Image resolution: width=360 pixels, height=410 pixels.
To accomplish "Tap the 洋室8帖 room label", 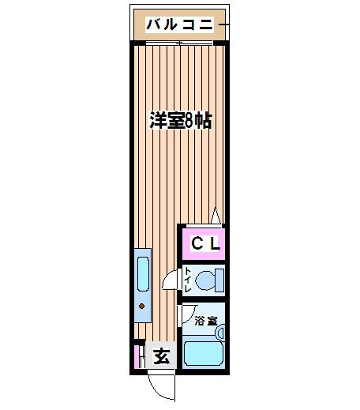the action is click(181, 121).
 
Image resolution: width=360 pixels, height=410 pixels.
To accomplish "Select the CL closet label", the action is click(205, 243).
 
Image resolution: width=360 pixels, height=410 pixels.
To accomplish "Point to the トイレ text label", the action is click(187, 280).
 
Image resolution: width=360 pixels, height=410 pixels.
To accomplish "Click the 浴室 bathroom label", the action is click(206, 321).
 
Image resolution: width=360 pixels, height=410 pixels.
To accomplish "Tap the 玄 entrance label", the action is click(161, 356).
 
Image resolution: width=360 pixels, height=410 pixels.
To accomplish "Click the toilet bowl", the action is click(205, 280).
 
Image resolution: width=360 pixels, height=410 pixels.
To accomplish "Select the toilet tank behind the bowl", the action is click(219, 280).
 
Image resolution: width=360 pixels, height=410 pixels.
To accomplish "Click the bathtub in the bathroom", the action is click(204, 353).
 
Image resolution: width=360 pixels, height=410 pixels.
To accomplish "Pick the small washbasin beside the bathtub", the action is click(220, 333).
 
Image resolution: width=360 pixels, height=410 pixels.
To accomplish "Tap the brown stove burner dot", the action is click(141, 306).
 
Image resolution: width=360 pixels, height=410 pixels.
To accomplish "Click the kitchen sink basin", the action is click(143, 274).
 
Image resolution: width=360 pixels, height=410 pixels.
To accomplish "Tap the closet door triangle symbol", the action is click(216, 216).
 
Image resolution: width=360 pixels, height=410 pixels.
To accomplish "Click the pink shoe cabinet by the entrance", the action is click(137, 357).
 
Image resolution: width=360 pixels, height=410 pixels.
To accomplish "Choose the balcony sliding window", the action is click(179, 43).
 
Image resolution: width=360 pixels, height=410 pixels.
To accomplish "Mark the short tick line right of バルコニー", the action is click(224, 24).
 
